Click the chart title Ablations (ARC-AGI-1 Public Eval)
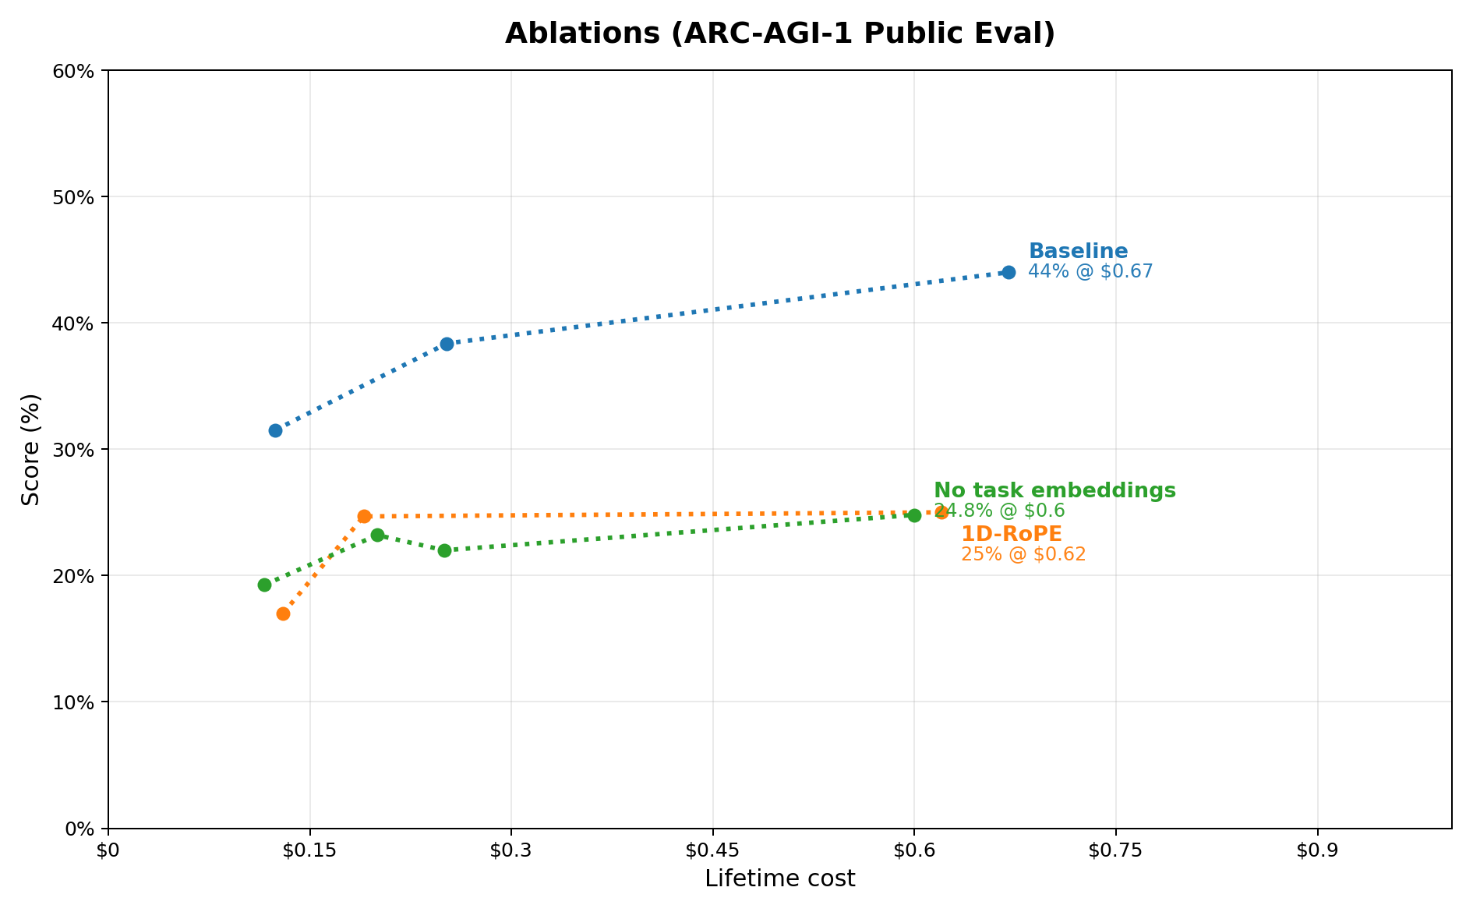tap(779, 34)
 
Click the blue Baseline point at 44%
tap(1008, 272)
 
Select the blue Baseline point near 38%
tap(447, 344)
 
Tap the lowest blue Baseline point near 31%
tap(275, 430)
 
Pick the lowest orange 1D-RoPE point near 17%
tap(283, 613)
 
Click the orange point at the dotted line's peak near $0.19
tap(364, 516)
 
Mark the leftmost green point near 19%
tap(264, 585)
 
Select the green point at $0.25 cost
tap(444, 550)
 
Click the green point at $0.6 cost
tap(914, 515)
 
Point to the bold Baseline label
tap(1078, 251)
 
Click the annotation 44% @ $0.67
tap(1090, 271)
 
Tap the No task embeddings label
tap(1054, 490)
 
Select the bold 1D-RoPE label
tap(1011, 534)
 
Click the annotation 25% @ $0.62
tap(1023, 554)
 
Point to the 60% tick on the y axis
tap(78, 71)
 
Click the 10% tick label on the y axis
tap(78, 702)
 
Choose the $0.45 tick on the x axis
tap(712, 850)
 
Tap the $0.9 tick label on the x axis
tap(1317, 850)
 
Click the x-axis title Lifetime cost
tap(779, 878)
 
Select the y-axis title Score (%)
tap(31, 449)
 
